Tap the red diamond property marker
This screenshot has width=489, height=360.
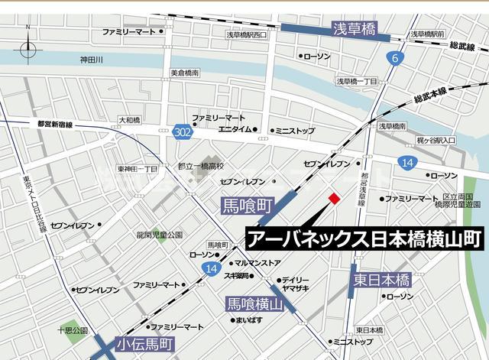[x=333, y=199]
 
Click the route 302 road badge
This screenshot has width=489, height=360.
[x=181, y=131]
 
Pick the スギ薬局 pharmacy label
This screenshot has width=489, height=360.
[x=236, y=275]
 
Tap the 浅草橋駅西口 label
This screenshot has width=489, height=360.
[x=247, y=35]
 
